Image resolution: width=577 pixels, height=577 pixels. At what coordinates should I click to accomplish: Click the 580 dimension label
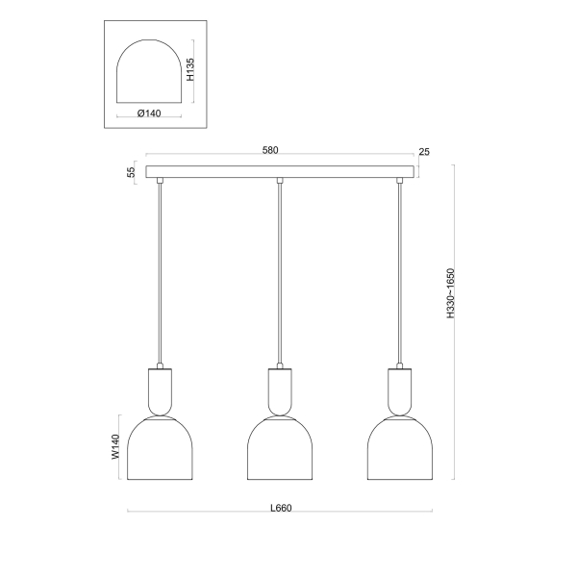[x=270, y=150]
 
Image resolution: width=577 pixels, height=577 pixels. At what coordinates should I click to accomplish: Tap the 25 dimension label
[x=424, y=152]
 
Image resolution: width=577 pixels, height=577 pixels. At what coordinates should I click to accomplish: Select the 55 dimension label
[x=132, y=172]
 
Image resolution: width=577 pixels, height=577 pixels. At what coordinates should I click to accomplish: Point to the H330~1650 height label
[x=451, y=293]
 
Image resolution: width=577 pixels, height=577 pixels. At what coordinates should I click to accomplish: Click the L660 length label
[x=281, y=508]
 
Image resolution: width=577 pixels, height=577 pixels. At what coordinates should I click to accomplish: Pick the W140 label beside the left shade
[x=115, y=447]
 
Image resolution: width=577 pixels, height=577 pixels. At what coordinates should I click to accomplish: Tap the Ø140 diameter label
[x=149, y=113]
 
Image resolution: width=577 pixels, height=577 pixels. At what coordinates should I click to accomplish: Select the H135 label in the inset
[x=189, y=69]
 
